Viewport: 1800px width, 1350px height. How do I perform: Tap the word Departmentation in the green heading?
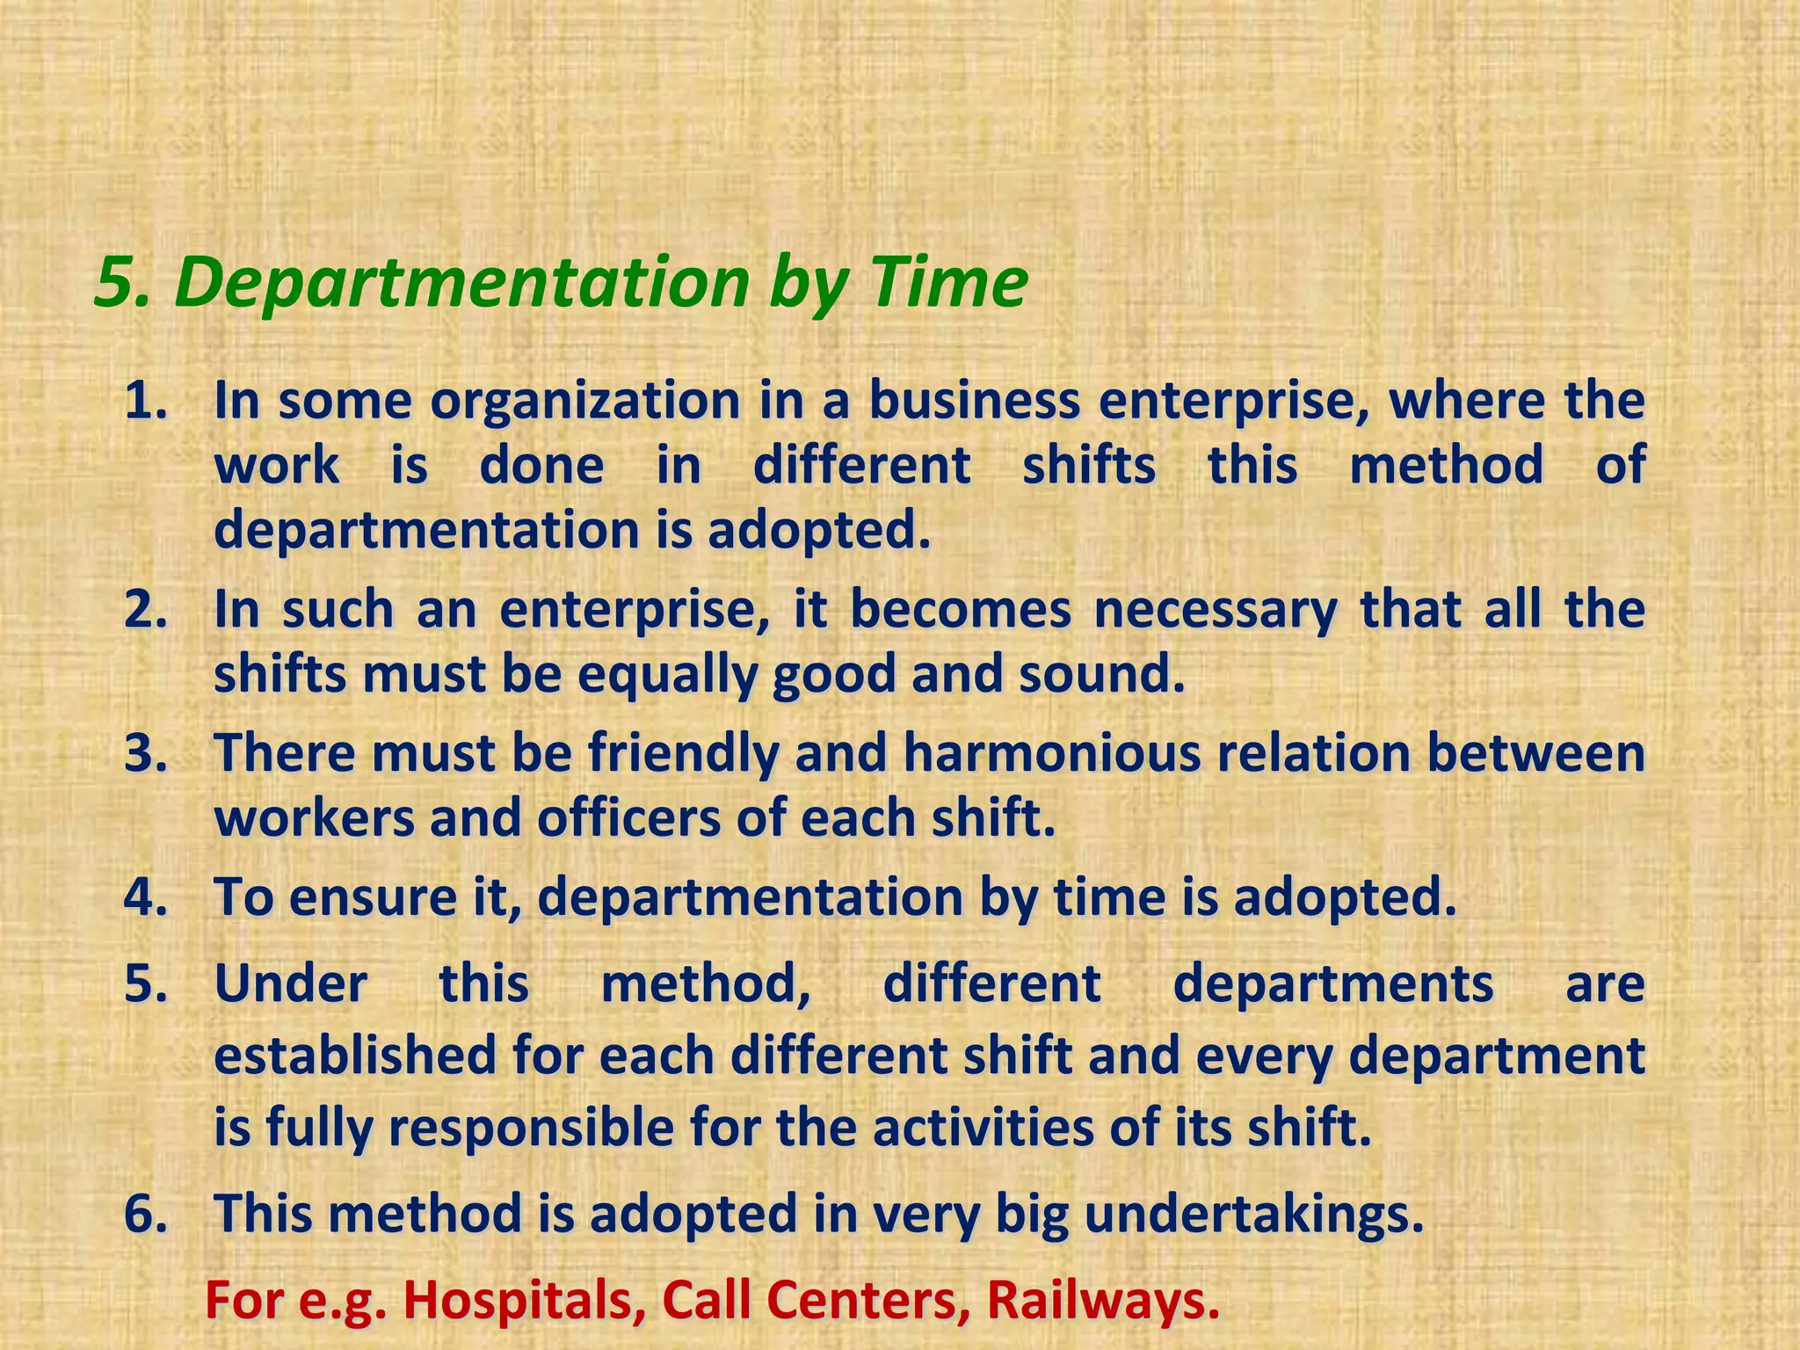coord(462,283)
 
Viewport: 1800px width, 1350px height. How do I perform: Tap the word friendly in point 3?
coord(683,754)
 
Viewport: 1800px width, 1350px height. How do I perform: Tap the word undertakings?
coord(1252,1214)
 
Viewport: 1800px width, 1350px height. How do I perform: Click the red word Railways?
coord(1103,1300)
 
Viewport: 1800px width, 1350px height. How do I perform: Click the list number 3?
coord(144,754)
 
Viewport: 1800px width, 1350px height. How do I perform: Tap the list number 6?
coord(144,1214)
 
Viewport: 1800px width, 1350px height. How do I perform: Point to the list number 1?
coord(144,402)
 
